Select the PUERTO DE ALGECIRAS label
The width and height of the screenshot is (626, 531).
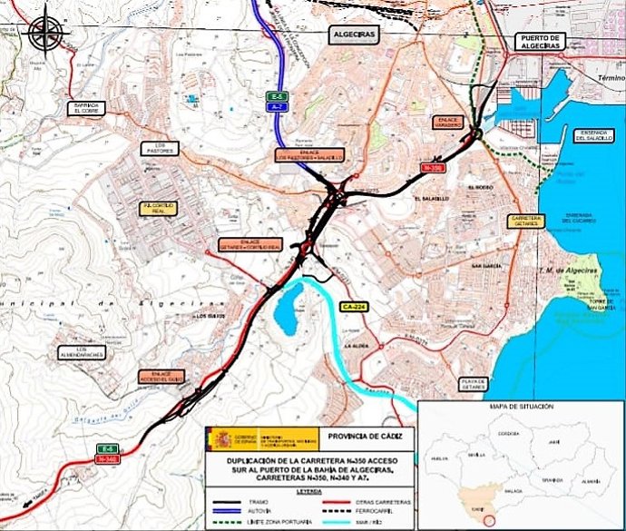539,42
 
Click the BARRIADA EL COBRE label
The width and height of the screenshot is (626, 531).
87,108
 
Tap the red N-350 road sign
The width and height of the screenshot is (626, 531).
433,168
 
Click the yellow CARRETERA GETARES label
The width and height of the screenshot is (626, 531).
526,221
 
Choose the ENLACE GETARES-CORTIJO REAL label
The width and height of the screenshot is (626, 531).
250,244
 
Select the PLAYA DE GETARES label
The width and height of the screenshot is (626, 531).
475,384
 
